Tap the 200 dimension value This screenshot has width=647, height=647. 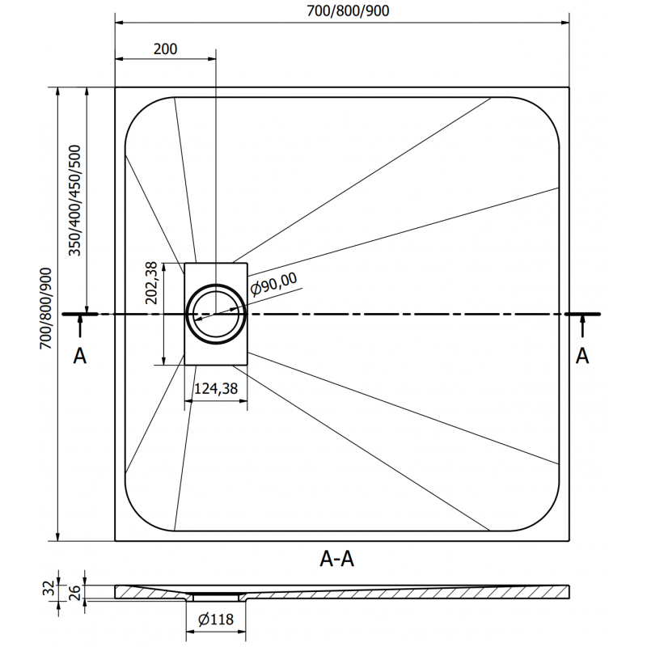pyautogui.click(x=164, y=49)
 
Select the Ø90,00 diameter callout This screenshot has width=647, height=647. pyautogui.click(x=275, y=282)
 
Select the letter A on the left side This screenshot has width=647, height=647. pyautogui.click(x=79, y=356)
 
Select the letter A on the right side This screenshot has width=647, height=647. pyautogui.click(x=581, y=356)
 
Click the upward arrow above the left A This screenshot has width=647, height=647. pyautogui.click(x=79, y=326)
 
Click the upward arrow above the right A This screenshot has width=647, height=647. pyautogui.click(x=581, y=326)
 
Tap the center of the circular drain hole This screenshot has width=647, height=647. pyautogui.click(x=216, y=313)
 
